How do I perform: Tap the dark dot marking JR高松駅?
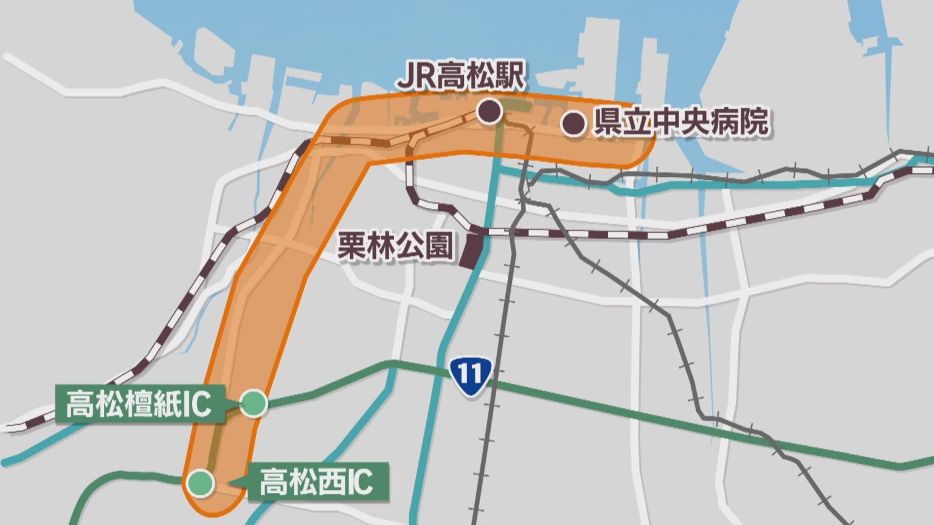click(x=489, y=111)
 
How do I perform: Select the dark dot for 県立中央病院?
click(x=572, y=123)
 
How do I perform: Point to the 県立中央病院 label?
click(x=680, y=122)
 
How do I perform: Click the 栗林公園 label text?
click(x=396, y=247)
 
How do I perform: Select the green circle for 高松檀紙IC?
click(x=254, y=403)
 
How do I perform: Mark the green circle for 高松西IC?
click(x=200, y=483)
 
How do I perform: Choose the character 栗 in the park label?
click(x=351, y=247)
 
